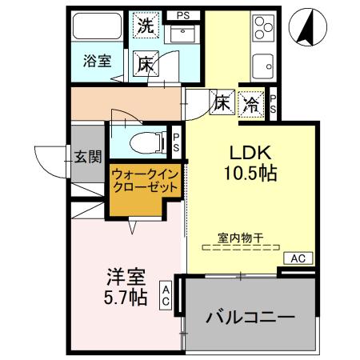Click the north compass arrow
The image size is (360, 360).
(306, 26)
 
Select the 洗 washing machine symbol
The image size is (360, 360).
(146, 25)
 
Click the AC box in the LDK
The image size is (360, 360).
(297, 258)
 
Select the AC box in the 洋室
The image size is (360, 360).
(165, 296)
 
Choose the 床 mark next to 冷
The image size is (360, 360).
(222, 102)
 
